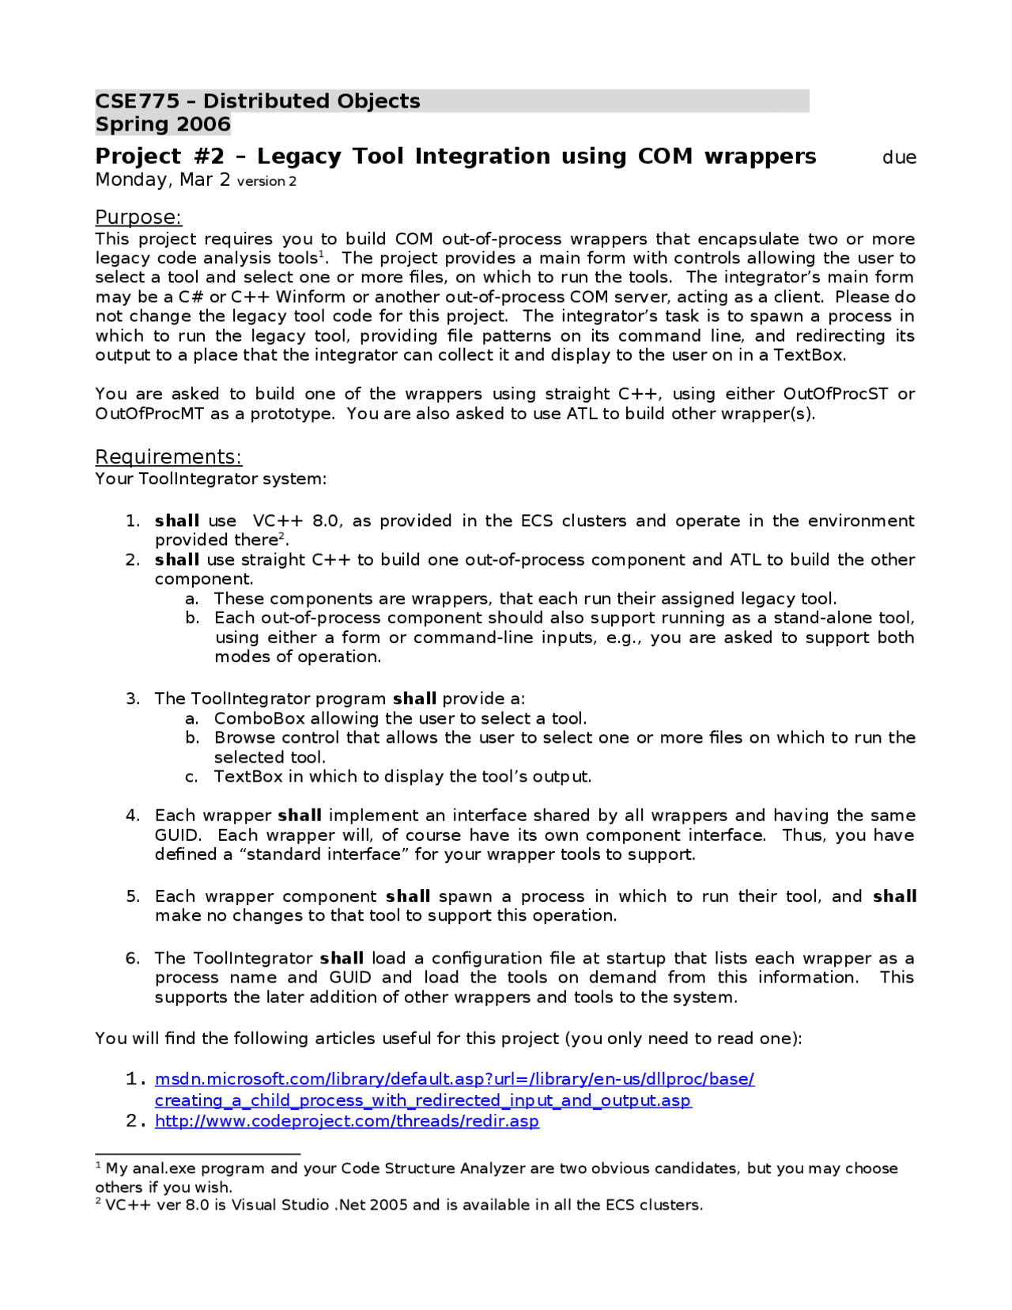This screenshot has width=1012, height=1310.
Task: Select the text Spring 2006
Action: pos(163,125)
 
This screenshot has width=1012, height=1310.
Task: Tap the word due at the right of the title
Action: pos(899,157)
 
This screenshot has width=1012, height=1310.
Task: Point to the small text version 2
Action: pos(266,181)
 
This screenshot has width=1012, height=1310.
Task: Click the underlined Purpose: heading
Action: pos(138,218)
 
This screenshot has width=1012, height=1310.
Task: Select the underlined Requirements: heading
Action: pos(168,457)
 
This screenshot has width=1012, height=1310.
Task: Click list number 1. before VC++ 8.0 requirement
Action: pos(133,521)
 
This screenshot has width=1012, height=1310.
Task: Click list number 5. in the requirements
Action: pos(133,897)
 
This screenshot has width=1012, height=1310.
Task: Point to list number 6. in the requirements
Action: pos(133,959)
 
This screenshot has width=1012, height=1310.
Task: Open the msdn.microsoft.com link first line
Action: pos(455,1080)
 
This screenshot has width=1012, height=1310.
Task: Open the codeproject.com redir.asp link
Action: pos(346,1122)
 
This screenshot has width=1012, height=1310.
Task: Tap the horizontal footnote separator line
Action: pos(198,1154)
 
